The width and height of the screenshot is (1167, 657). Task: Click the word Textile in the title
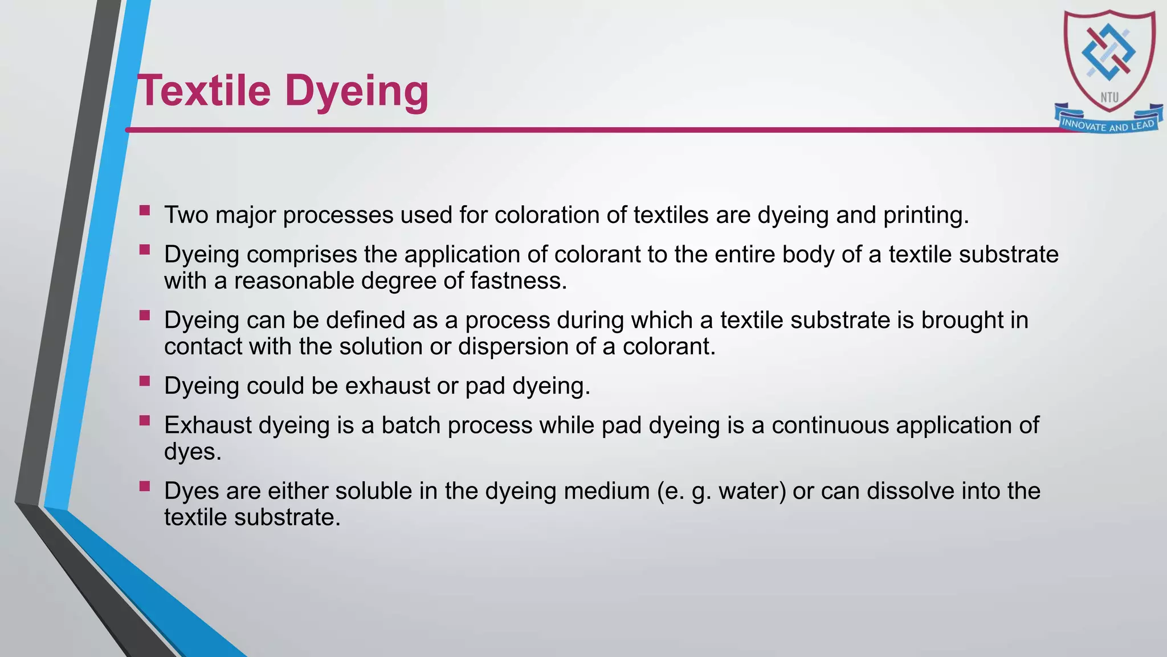click(204, 91)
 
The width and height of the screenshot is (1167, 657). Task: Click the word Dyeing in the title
click(356, 91)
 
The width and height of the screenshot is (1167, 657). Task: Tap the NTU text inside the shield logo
click(1109, 98)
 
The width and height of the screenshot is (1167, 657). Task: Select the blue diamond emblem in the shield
click(1108, 52)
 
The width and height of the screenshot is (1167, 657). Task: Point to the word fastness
click(518, 281)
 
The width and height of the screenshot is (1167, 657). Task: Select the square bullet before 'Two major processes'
click(145, 211)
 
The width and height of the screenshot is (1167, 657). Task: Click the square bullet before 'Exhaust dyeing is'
click(145, 421)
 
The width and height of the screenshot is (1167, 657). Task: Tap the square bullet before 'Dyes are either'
click(145, 486)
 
